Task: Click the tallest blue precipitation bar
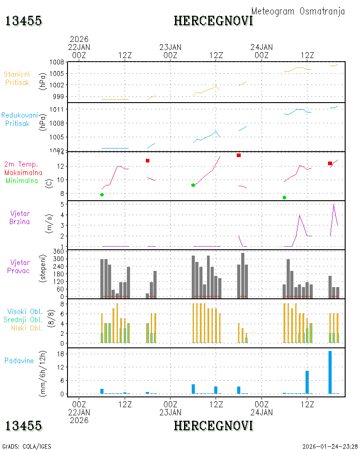pos(330,372)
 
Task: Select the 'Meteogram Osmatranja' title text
pos(298,11)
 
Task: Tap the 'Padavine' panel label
pos(19,361)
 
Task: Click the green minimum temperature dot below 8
pos(284,198)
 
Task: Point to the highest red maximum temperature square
pos(238,155)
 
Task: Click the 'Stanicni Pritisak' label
pos(17,78)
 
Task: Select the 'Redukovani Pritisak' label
pos(19,119)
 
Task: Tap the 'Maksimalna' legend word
pos(23,173)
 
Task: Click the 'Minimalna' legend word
pos(22,181)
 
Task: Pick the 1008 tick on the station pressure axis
pos(57,62)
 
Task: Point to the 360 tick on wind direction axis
pos(58,252)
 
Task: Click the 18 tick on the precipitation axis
pos(60,354)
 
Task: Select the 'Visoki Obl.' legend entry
pos(25,312)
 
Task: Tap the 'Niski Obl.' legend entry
pos(27,328)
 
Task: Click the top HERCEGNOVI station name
pos(213,21)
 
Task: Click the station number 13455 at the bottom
pos(23,426)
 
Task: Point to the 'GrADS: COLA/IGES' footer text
pos(27,446)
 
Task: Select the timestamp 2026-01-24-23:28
pos(330,446)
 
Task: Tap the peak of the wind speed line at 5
pos(333,204)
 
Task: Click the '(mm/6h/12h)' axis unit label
pos(42,373)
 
